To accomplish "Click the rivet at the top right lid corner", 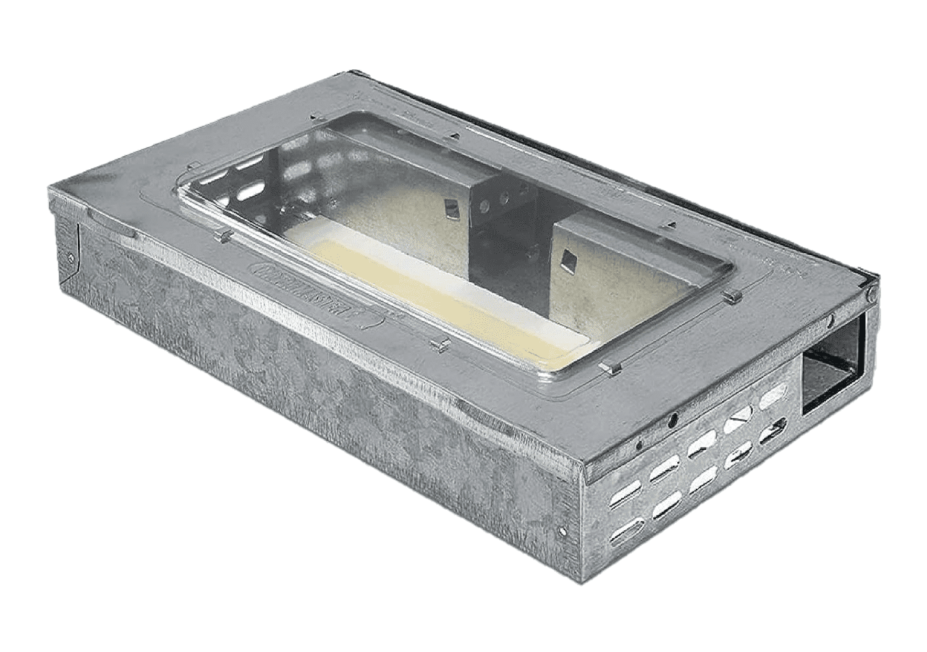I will tap(870, 295).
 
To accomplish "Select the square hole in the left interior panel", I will tap(450, 204).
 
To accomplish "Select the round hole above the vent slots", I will tap(672, 421).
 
